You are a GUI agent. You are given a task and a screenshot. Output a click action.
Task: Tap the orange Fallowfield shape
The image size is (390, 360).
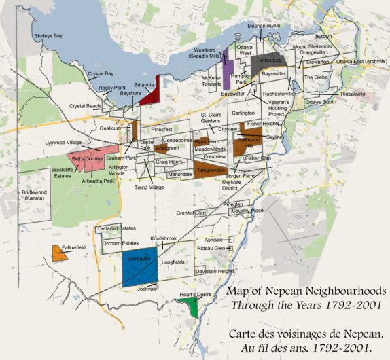pos(57,253)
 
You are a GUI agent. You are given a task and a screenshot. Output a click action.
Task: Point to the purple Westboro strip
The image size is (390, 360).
pos(228,67)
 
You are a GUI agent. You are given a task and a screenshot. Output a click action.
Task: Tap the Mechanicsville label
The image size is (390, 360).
pos(264,25)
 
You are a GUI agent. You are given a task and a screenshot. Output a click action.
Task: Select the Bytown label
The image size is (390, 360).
pos(325,36)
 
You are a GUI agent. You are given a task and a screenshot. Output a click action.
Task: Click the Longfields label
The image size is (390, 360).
pos(173,262)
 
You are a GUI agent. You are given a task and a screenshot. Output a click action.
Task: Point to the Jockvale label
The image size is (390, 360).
pos(147,289)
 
